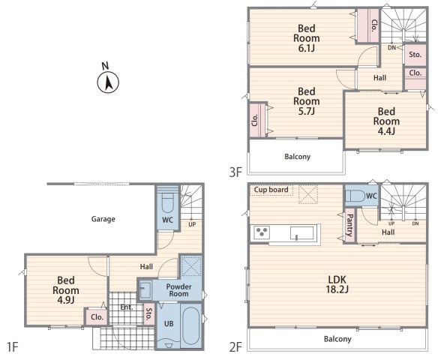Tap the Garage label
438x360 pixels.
tap(103, 219)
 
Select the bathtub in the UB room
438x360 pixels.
tap(191, 325)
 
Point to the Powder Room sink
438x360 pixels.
tap(145, 289)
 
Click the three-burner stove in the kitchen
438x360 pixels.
tap(262, 232)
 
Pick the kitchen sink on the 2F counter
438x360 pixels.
tap(301, 233)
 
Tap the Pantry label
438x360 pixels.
tap(349, 225)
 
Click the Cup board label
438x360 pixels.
tap(271, 190)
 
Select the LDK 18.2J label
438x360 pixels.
tap(337, 284)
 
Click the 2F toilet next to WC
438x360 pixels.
tap(355, 196)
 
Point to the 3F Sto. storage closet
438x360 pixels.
tap(415, 55)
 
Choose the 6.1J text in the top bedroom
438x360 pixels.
tap(307, 48)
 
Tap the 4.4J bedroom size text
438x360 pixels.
tap(386, 131)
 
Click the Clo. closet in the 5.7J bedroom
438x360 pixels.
tap(257, 120)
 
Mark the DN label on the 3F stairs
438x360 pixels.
tap(392, 48)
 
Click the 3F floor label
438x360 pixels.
tap(235, 172)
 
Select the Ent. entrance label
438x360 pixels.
tap(127, 307)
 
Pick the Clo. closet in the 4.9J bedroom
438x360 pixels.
tap(97, 317)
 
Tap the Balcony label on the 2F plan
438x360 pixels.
tap(337, 339)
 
